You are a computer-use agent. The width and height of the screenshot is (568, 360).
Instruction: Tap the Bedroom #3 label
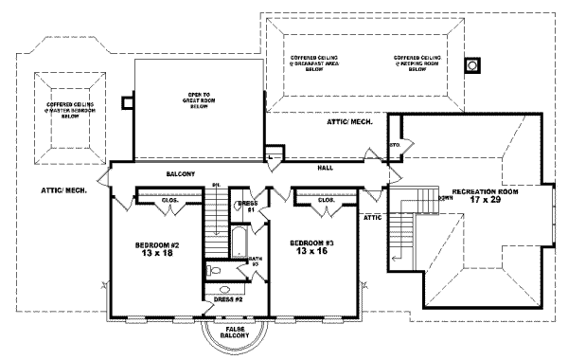(x=315, y=243)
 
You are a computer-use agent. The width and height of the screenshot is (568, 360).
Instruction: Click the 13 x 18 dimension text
(x=158, y=255)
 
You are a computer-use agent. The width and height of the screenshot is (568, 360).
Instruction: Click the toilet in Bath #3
(x=219, y=271)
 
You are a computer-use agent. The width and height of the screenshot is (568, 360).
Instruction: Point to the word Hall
(x=325, y=167)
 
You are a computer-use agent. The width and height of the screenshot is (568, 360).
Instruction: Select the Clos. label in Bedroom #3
(x=326, y=200)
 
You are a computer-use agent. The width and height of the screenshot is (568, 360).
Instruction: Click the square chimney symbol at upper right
(x=471, y=65)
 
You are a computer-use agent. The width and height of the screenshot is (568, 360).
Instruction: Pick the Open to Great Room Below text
(x=198, y=101)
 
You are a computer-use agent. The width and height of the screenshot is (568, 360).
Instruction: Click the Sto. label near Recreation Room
(x=395, y=146)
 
